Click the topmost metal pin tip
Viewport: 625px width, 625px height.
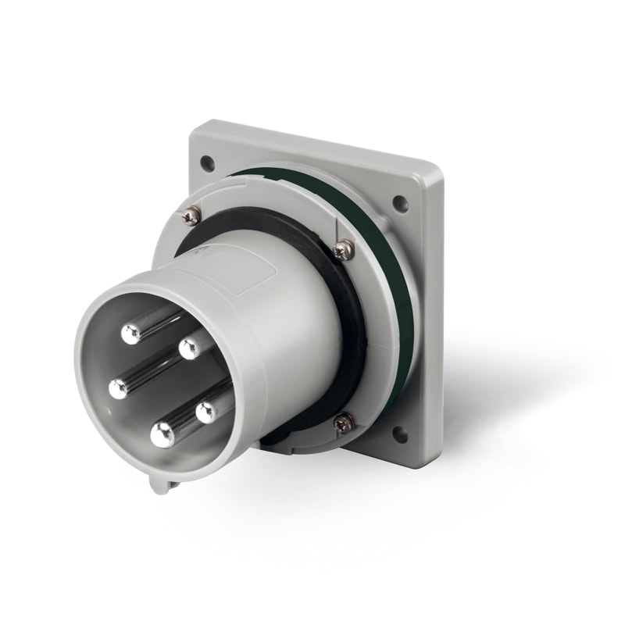tap(130, 334)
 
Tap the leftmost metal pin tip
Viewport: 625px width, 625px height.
tap(119, 388)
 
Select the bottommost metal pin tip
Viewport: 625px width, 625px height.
tap(162, 434)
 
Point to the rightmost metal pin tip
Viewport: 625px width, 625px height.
tap(207, 412)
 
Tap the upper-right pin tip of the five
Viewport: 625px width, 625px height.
tap(189, 348)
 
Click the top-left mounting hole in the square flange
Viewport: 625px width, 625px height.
tap(207, 163)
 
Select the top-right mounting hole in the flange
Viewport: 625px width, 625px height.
tap(400, 204)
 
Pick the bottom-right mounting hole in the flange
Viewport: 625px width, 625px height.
tap(400, 434)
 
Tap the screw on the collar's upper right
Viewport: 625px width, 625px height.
tap(342, 250)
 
